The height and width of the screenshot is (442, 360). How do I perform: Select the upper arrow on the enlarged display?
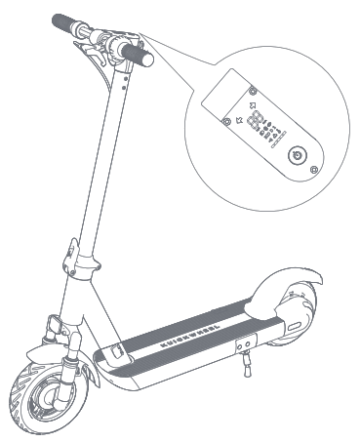(252, 100)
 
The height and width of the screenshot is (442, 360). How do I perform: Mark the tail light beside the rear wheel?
(298, 323)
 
